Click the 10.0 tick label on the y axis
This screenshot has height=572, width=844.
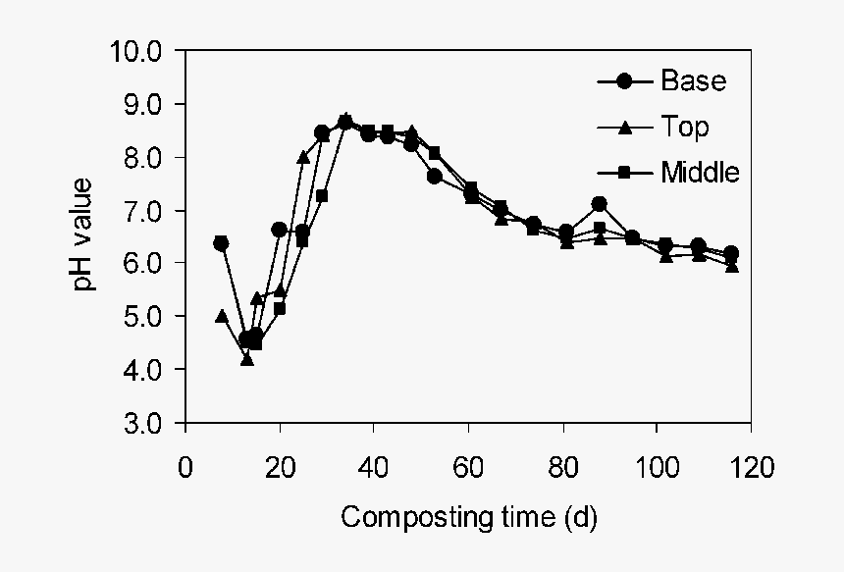click(142, 51)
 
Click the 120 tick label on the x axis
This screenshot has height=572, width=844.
click(751, 466)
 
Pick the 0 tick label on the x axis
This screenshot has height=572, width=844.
click(185, 466)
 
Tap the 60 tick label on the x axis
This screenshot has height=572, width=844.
click(468, 466)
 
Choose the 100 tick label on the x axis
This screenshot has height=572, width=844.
click(657, 466)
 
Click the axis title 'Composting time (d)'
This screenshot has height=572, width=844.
click(468, 517)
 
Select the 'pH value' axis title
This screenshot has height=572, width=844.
click(86, 235)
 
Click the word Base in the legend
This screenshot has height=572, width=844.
click(693, 80)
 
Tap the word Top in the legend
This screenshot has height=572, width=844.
click(684, 127)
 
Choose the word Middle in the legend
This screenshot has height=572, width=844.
click(700, 173)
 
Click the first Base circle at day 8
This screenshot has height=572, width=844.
click(222, 243)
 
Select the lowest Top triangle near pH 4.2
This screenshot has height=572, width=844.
click(246, 359)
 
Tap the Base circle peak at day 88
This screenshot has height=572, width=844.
click(600, 204)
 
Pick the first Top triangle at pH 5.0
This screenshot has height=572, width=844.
click(222, 316)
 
